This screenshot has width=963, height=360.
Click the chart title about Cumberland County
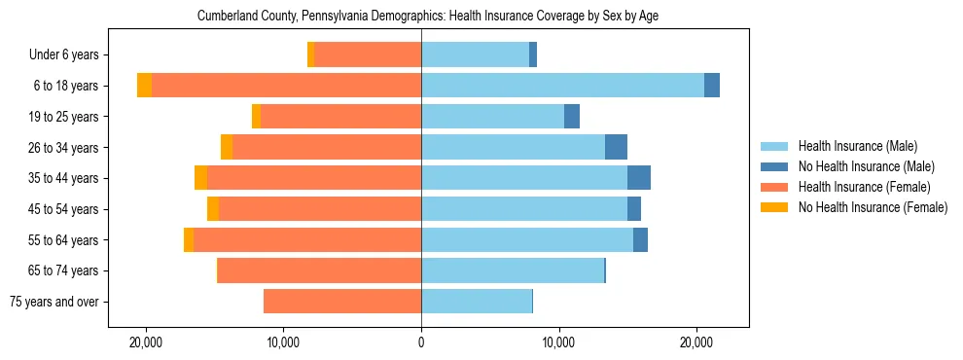pyautogui.click(x=428, y=17)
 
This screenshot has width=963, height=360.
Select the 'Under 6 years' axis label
pyautogui.click(x=69, y=55)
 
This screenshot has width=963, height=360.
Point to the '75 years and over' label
pyautogui.click(x=59, y=302)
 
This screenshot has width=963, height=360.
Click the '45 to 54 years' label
pyautogui.click(x=69, y=209)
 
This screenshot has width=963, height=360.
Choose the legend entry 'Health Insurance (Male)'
pyautogui.click(x=857, y=146)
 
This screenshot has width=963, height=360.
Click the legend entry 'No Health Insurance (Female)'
pyautogui.click(x=873, y=207)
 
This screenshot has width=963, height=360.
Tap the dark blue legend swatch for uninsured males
pyautogui.click(x=774, y=166)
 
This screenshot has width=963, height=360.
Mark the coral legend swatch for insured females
pyautogui.click(x=774, y=187)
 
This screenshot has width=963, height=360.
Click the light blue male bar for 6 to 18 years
pyautogui.click(x=562, y=86)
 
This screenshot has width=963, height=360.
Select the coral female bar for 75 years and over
pyautogui.click(x=342, y=302)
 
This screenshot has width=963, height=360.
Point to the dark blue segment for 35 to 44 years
pyautogui.click(x=639, y=178)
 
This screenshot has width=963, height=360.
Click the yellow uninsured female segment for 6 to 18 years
pyautogui.click(x=144, y=86)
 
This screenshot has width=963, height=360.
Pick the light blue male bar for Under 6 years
pyautogui.click(x=475, y=55)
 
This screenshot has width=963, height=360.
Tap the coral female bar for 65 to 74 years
pyautogui.click(x=319, y=270)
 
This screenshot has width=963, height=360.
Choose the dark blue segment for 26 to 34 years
pyautogui.click(x=616, y=147)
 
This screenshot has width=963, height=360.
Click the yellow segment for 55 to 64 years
pyautogui.click(x=189, y=240)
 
